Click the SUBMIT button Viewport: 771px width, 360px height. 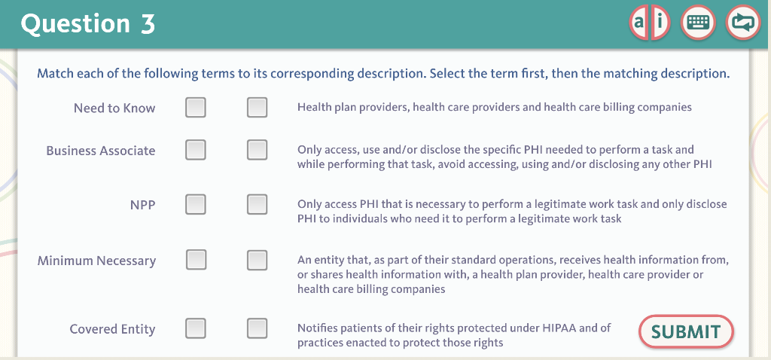point(686,331)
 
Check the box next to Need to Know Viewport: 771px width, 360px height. point(196,108)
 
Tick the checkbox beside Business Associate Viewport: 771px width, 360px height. point(196,150)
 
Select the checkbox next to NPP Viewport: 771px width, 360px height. point(196,204)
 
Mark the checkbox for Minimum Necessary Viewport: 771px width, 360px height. point(196,260)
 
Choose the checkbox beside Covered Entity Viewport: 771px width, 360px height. point(196,328)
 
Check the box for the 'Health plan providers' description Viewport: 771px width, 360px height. point(258,108)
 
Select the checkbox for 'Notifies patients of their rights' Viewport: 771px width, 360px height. point(258,328)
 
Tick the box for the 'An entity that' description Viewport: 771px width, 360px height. point(258,260)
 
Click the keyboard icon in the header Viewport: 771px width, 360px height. point(698,23)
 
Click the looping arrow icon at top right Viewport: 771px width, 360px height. point(743,23)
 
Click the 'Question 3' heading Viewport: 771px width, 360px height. point(88,24)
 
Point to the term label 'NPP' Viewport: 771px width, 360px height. point(142,205)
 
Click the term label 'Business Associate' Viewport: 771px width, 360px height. point(100,151)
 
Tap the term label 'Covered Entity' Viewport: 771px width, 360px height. point(112,329)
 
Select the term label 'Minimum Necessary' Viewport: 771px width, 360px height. point(96,261)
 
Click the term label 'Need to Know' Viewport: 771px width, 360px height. point(114,108)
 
